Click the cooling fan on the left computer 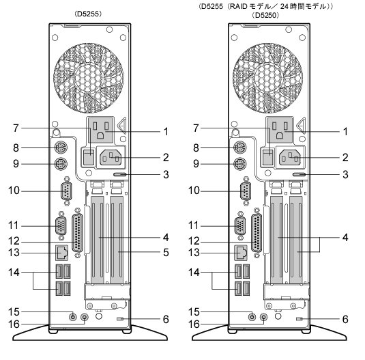pos(89,78)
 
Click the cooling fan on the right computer pos(267,78)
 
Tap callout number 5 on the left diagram pos(166,252)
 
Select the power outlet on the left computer pos(101,130)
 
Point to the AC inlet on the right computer pos(290,157)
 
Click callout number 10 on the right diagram pos(194,191)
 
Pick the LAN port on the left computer pos(61,253)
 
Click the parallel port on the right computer pos(257,233)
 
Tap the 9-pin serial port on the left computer pos(66,191)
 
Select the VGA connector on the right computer pos(239,226)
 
